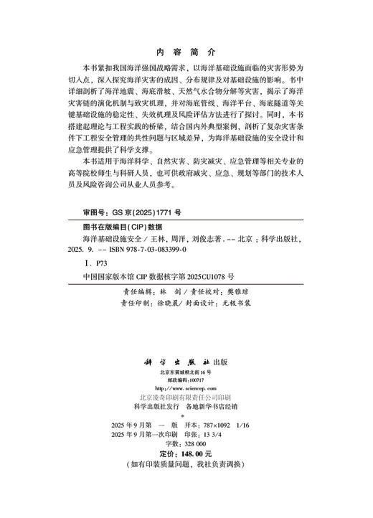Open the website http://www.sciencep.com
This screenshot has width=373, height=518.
tap(186, 389)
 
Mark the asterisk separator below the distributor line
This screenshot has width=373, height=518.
tap(185, 415)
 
